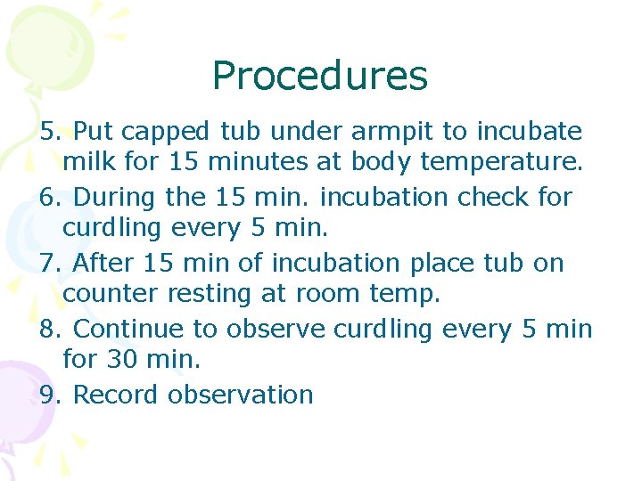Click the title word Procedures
[x=320, y=77]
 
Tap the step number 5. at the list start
[x=51, y=132]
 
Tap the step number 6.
[x=51, y=197]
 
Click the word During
[x=112, y=197]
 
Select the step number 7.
[x=51, y=263]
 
